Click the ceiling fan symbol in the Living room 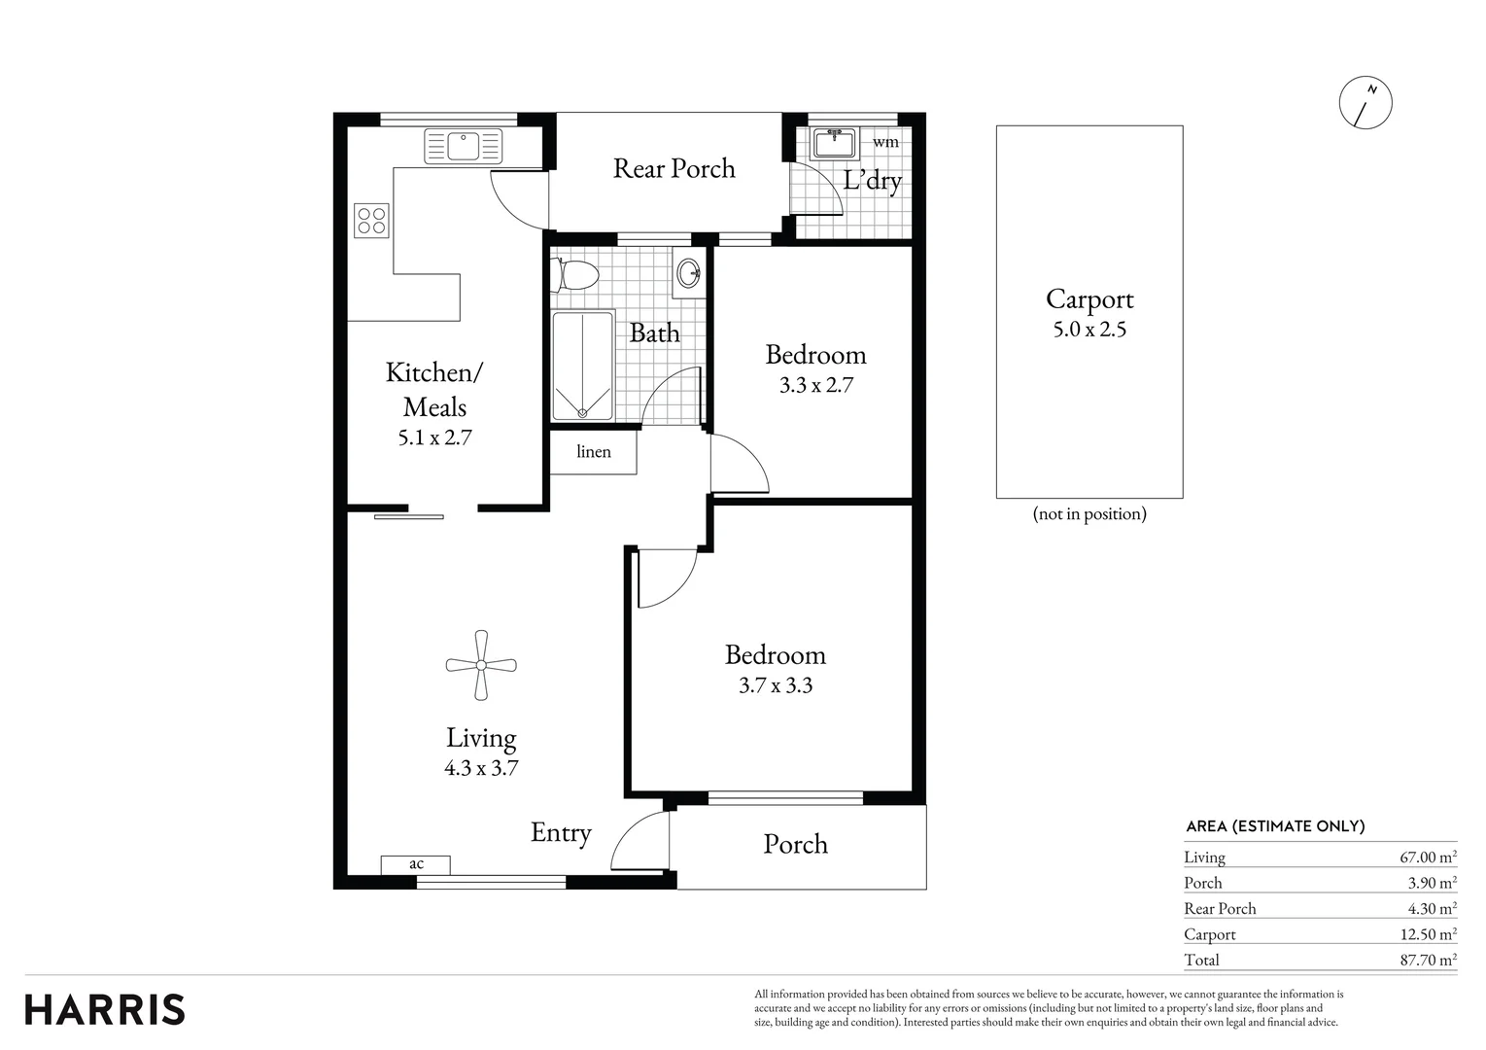[481, 665]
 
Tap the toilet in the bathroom [574, 275]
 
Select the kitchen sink [464, 146]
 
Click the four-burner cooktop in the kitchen [371, 221]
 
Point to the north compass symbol [1365, 102]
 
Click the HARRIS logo [105, 1009]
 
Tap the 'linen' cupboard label [594, 452]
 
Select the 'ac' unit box [416, 863]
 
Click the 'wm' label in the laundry [885, 142]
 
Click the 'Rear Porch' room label [674, 168]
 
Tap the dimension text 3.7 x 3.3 [775, 685]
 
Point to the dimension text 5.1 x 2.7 [434, 437]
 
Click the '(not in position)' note [1089, 513]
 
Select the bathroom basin [688, 271]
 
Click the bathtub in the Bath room [582, 366]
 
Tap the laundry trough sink [833, 144]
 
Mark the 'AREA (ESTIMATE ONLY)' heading [1275, 826]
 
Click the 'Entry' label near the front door [561, 833]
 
